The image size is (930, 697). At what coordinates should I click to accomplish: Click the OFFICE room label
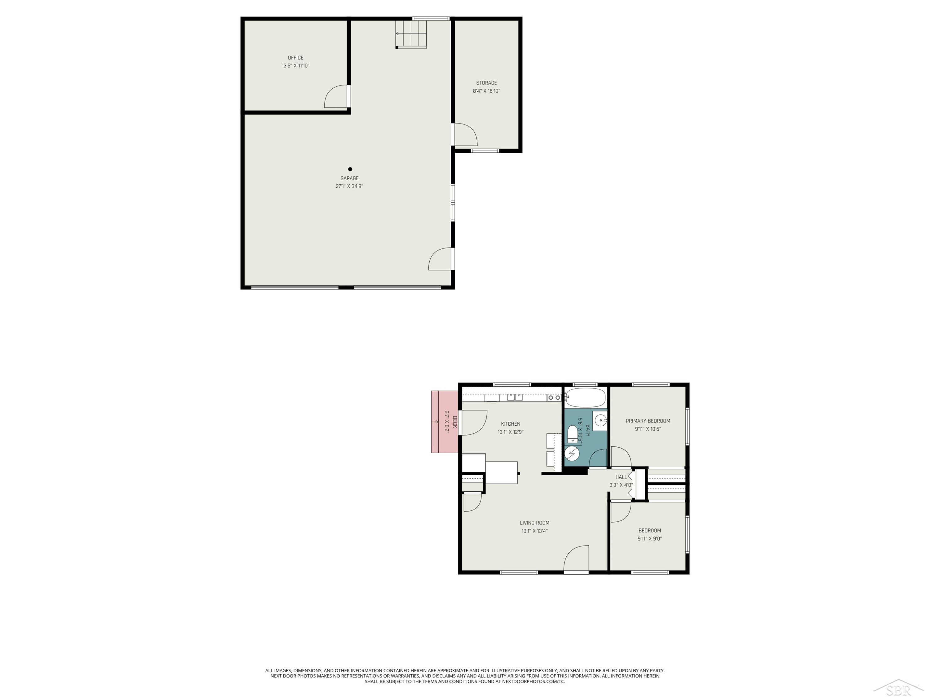coord(295,58)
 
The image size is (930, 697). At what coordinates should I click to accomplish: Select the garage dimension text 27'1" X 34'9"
coord(349,186)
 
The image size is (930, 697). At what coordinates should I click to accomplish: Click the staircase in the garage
coord(411,33)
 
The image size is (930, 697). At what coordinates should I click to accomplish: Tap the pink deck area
coord(445,422)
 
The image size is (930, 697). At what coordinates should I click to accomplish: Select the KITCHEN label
coord(510,424)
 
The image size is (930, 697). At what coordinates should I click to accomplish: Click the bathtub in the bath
coord(585,397)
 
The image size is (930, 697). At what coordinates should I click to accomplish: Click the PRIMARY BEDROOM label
coord(648,421)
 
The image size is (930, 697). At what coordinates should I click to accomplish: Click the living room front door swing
coord(576,559)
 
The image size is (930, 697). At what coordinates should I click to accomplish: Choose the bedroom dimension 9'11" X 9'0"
coord(649,539)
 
